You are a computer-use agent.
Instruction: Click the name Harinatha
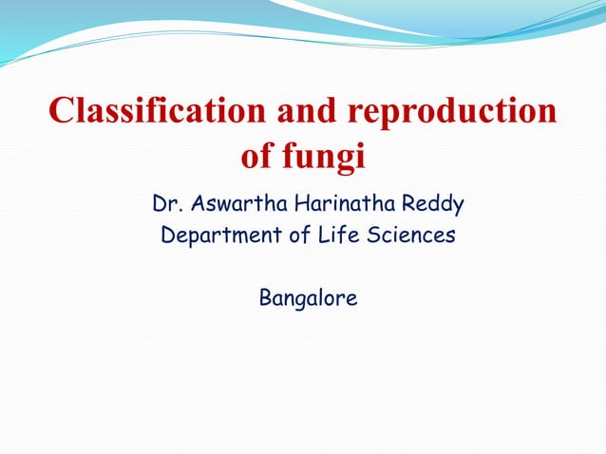coord(341,204)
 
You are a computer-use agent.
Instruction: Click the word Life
coord(341,236)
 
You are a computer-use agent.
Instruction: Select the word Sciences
coord(411,236)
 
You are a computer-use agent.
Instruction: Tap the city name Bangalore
coord(309,300)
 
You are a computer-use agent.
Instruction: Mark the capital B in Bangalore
coord(265,298)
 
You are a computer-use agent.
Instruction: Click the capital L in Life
coord(326,236)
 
